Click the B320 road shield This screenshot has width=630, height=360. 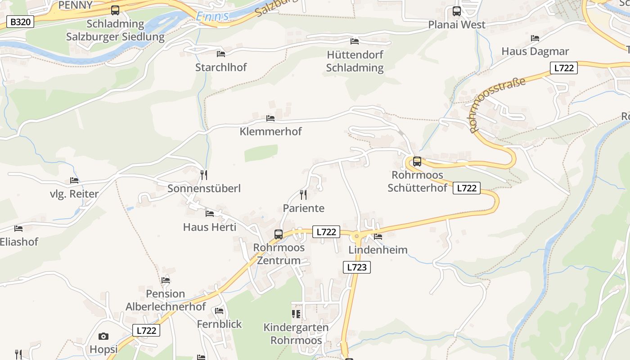pyautogui.click(x=20, y=22)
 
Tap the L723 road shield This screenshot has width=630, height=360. pyautogui.click(x=357, y=267)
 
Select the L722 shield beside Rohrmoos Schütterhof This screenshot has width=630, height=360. pyautogui.click(x=466, y=188)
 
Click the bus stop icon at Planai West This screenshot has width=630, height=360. pyautogui.click(x=457, y=11)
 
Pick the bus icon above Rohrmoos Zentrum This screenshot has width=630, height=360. pyautogui.click(x=279, y=234)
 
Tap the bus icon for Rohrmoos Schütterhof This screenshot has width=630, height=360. pyautogui.click(x=417, y=162)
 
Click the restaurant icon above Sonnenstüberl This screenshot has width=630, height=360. pyautogui.click(x=204, y=175)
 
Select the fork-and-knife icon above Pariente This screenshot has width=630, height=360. pyautogui.click(x=303, y=194)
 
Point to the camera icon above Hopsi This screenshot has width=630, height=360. pyautogui.click(x=103, y=336)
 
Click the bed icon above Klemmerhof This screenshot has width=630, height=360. pyautogui.click(x=270, y=118)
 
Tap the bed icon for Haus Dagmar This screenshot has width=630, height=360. pyautogui.click(x=535, y=38)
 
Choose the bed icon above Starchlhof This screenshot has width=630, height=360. pyautogui.click(x=221, y=54)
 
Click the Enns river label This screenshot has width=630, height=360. pyautogui.click(x=212, y=17)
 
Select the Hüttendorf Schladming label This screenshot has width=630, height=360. pyautogui.click(x=355, y=61)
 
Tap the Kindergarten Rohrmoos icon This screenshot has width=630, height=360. pyautogui.click(x=296, y=314)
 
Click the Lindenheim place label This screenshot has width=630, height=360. pyautogui.click(x=378, y=250)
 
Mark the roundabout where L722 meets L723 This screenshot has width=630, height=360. pyautogui.click(x=356, y=235)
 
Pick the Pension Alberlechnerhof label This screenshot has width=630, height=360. pyautogui.click(x=166, y=300)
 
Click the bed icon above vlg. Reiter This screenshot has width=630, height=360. pyautogui.click(x=74, y=181)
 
